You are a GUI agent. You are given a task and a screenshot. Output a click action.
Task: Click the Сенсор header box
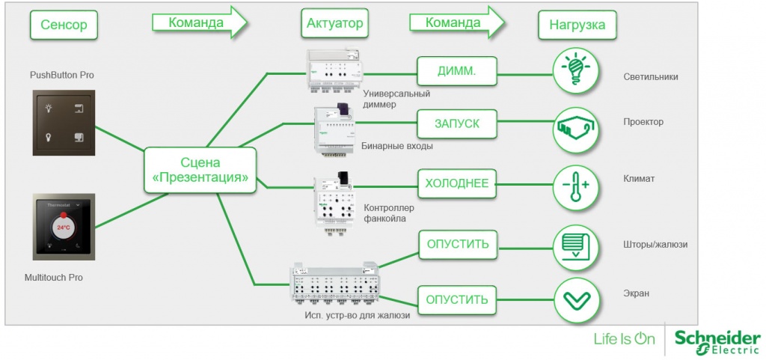pyautogui.click(x=64, y=25)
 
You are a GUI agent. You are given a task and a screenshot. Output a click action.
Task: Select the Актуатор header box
pyautogui.click(x=334, y=24)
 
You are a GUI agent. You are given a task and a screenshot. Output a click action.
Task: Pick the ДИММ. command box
pyautogui.click(x=457, y=72)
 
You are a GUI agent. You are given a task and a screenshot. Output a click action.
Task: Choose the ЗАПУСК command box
pyautogui.click(x=457, y=123)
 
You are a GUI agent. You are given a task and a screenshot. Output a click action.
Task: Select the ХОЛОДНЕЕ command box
pyautogui.click(x=457, y=183)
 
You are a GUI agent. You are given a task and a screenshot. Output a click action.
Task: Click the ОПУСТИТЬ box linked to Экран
pyautogui.click(x=457, y=300)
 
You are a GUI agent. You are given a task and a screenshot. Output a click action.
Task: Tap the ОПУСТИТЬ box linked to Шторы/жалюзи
pyautogui.click(x=457, y=245)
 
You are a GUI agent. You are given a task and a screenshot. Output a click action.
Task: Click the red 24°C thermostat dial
pyautogui.click(x=64, y=227)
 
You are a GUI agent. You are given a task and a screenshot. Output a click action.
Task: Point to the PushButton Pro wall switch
pyautogui.click(x=64, y=123)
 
